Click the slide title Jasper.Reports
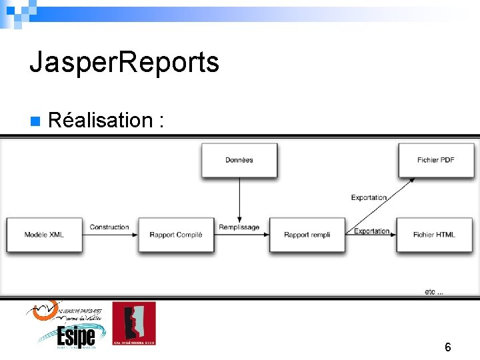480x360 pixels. tap(124, 63)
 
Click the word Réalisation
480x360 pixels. tap(101, 121)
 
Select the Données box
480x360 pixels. tap(239, 161)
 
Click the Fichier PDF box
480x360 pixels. tap(436, 161)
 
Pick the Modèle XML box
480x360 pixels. tap(45, 235)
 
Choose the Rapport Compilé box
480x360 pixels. tap(176, 235)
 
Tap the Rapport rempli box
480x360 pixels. tap(307, 235)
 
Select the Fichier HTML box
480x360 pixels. tap(434, 235)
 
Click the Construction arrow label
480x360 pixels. tap(109, 227)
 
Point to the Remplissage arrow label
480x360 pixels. tap(239, 227)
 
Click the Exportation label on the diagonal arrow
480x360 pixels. tap(369, 197)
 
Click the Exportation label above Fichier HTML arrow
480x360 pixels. tap(372, 231)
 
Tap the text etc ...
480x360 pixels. tap(434, 291)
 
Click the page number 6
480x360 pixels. tap(448, 347)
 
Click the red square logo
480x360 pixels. tap(134, 323)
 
